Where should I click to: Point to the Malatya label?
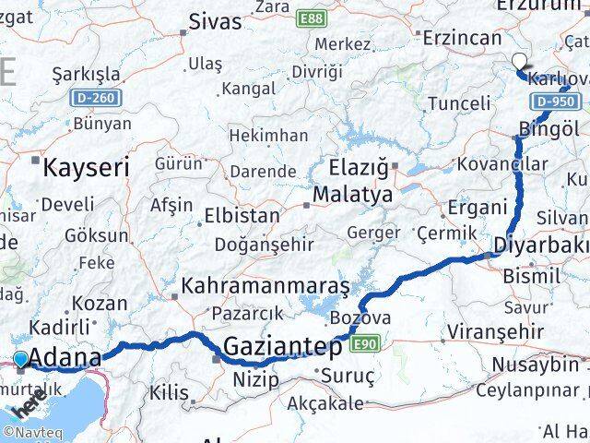[x=352, y=196]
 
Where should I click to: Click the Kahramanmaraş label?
[x=265, y=286]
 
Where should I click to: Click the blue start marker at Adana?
[x=20, y=359]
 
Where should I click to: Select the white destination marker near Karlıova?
[x=519, y=63]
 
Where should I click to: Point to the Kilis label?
[x=169, y=392]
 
